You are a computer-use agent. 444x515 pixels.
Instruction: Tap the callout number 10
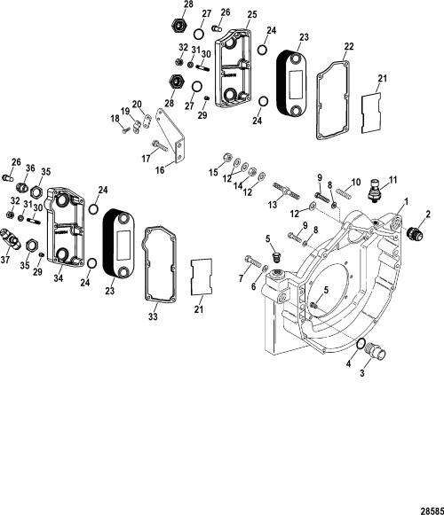pos(355,183)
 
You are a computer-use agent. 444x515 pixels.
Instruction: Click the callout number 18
pos(114,118)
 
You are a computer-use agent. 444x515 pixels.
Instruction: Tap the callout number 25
pos(251,15)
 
